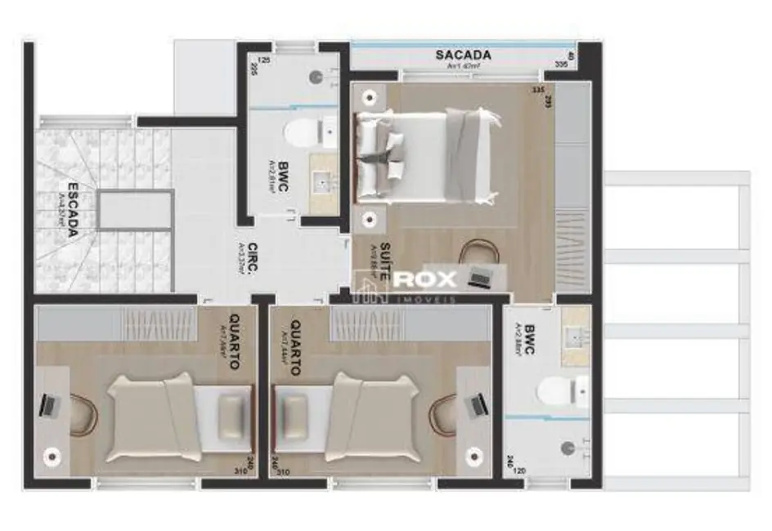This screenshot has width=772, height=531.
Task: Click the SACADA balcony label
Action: pos(463,56)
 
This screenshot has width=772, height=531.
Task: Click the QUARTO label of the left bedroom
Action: pos(234,341)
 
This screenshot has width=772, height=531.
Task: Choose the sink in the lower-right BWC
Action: pos(577,336)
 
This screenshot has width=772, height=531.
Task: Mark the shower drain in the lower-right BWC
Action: pos(569,447)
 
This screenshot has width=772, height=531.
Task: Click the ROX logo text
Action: pos(424,279)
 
